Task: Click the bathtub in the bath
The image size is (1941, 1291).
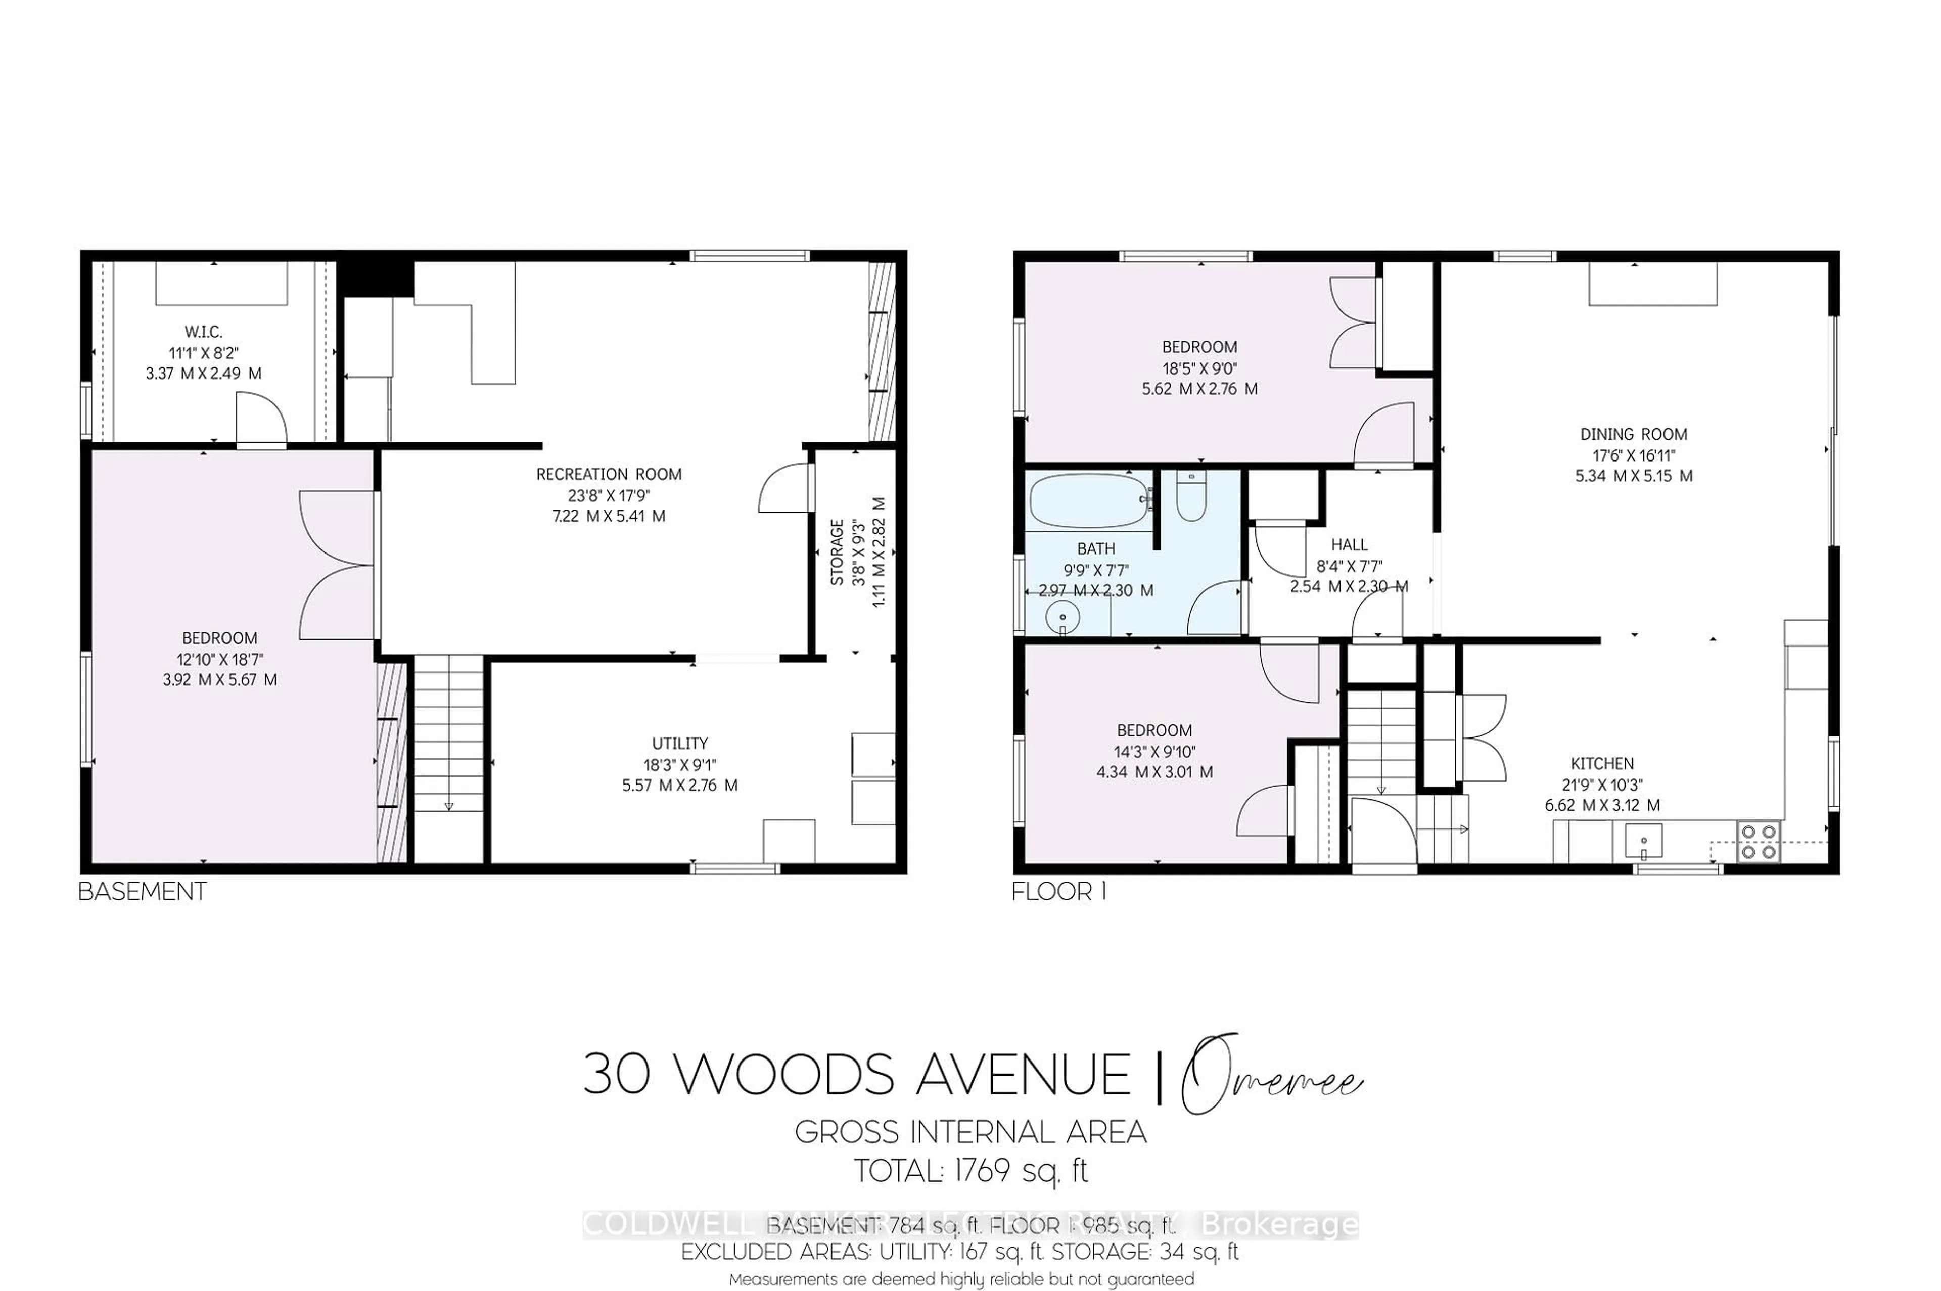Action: tap(1089, 500)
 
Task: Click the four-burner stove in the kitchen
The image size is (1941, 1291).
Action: tap(1758, 842)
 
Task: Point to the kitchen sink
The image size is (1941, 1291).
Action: tap(1643, 840)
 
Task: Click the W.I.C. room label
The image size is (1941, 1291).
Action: tap(203, 332)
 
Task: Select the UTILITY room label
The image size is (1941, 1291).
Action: tap(679, 743)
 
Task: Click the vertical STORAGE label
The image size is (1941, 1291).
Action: tap(837, 552)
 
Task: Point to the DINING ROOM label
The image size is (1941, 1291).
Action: tap(1633, 434)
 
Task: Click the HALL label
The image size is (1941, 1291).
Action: tap(1349, 544)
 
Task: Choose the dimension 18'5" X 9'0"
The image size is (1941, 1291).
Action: tap(1199, 368)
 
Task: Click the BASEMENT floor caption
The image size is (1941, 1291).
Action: tap(142, 891)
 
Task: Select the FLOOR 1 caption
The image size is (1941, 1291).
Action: tap(1058, 891)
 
